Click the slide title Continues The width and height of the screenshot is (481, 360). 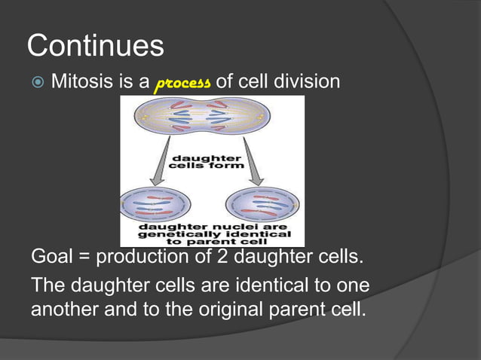(x=95, y=46)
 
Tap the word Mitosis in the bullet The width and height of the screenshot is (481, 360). (x=82, y=81)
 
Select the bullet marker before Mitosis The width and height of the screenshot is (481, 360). (x=36, y=81)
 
